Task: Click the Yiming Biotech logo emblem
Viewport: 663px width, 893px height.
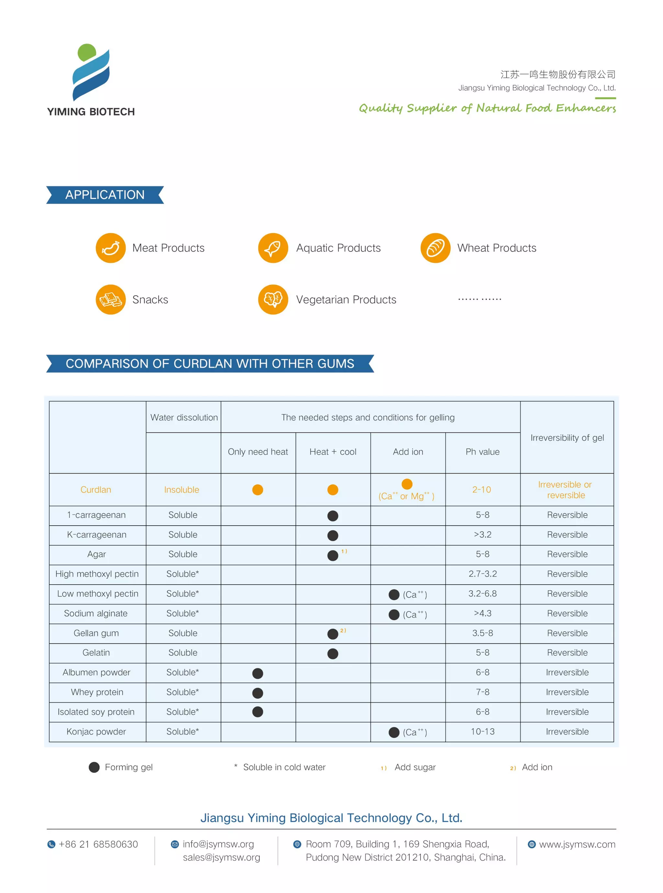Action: click(91, 72)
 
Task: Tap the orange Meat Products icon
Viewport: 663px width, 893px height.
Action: click(111, 248)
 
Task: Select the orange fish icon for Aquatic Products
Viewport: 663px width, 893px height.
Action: click(273, 248)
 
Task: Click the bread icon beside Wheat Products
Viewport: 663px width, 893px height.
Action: click(435, 248)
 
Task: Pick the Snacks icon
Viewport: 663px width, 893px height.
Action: click(111, 300)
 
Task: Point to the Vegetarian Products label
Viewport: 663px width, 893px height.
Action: click(346, 300)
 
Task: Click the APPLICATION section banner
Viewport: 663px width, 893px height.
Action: click(105, 195)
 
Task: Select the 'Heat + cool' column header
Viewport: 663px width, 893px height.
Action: click(333, 452)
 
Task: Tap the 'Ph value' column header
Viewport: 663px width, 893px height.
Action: click(482, 452)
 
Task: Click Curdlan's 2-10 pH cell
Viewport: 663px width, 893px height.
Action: click(482, 489)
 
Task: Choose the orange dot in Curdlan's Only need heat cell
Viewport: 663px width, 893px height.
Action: click(258, 490)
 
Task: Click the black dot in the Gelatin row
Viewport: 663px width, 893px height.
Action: click(333, 653)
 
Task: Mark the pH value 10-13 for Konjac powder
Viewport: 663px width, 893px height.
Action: click(482, 731)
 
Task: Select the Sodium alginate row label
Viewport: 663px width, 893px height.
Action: click(96, 613)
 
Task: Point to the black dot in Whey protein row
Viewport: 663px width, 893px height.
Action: click(258, 693)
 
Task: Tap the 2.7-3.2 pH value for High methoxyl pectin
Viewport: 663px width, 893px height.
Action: click(482, 574)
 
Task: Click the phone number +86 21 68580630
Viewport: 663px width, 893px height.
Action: click(98, 844)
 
